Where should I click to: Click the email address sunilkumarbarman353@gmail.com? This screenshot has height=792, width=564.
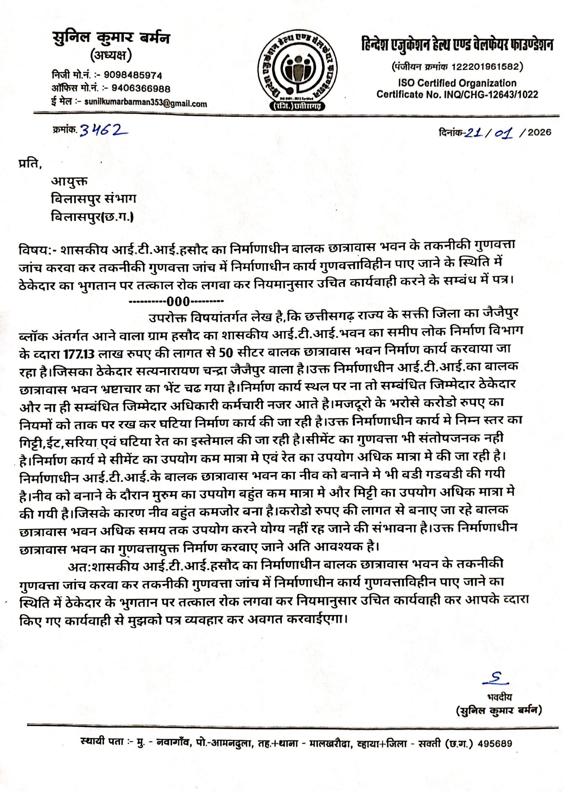click(x=146, y=103)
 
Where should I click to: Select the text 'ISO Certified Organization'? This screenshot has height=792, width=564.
click(x=457, y=83)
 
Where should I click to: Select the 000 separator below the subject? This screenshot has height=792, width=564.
click(x=178, y=301)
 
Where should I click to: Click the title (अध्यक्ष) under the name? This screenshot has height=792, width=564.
click(x=111, y=55)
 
